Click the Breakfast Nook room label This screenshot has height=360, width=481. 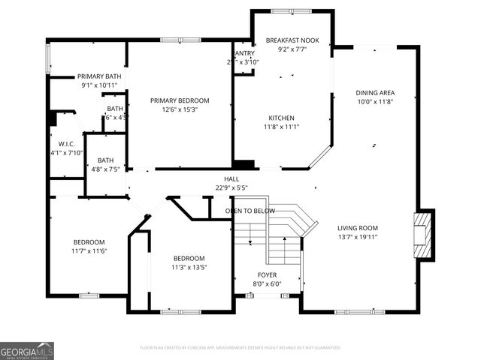tap(292, 40)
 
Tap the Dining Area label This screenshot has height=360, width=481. tap(375, 93)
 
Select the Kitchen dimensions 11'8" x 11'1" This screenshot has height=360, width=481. tap(282, 127)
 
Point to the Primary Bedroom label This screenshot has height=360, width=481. tap(180, 100)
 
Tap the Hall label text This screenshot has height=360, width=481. tap(231, 179)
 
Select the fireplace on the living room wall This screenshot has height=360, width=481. tap(425, 235)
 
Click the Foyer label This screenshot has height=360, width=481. tap(267, 275)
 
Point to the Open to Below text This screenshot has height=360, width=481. tap(250, 211)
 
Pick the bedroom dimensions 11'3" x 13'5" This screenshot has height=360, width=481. tap(189, 267)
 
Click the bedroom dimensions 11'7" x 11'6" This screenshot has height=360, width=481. tap(89, 250)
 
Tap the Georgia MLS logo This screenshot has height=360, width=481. tap(27, 350)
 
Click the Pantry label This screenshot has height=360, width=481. tap(245, 54)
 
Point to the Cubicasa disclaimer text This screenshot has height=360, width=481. tap(240, 348)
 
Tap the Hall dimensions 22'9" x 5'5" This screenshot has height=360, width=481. tap(231, 187)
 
